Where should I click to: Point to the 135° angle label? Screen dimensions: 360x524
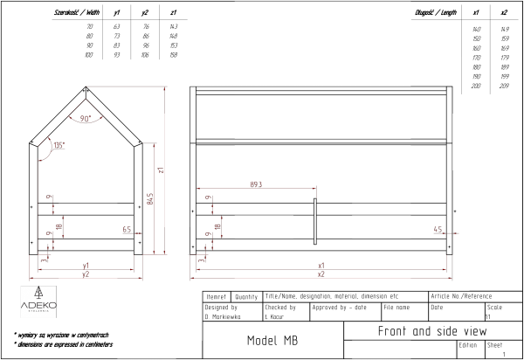[59, 145]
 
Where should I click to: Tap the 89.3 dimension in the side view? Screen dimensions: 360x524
[256, 185]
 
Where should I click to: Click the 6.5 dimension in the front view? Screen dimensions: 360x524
[127, 229]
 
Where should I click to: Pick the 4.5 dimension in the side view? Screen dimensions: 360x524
[438, 229]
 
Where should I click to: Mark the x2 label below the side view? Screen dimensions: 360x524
[321, 273]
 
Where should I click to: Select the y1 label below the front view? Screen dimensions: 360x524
[86, 264]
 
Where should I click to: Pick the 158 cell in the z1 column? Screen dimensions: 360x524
[174, 55]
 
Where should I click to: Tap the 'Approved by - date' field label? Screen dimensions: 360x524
[339, 308]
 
